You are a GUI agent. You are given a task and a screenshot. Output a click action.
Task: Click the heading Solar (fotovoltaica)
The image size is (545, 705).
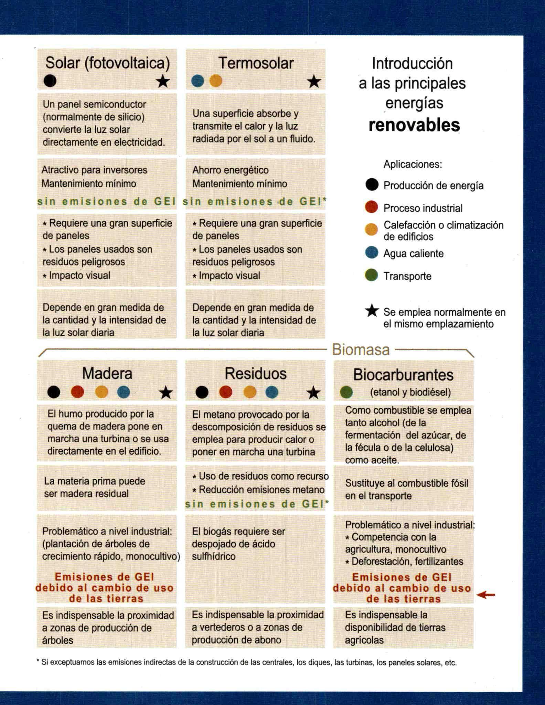coord(108,63)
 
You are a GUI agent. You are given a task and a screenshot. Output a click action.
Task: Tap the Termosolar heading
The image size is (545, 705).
coord(256,63)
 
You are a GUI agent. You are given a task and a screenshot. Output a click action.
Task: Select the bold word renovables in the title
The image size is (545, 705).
coord(414,125)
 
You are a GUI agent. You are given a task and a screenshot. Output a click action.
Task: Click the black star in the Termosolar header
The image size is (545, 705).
coord(313,82)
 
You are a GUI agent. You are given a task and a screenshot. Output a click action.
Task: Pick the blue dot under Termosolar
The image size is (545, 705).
coord(197,81)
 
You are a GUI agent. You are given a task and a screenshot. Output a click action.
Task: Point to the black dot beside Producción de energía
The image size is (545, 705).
coord(372,185)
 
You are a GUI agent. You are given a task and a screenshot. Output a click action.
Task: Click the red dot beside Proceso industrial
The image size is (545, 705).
coord(372,207)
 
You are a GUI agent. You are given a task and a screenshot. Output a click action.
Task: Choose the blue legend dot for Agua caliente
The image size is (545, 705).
coord(372,253)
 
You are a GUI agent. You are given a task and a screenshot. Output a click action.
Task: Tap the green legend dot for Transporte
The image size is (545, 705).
coord(372,276)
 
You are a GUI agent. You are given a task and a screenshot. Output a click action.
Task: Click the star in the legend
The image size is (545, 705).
coord(372,311)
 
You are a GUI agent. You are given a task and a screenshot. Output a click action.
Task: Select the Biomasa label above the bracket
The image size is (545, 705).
coord(361,350)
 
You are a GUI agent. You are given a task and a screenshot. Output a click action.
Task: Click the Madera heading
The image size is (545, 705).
coord(107,373)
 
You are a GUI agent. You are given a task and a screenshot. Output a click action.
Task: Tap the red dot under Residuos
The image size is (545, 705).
coord(226,392)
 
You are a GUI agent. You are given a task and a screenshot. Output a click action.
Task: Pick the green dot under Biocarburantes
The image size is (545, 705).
coord(346,392)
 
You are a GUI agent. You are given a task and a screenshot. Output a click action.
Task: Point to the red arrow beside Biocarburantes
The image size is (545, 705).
coord(487,595)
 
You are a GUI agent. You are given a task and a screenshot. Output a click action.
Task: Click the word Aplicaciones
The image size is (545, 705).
coord(413,164)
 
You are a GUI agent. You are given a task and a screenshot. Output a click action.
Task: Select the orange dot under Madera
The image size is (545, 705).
coord(101,392)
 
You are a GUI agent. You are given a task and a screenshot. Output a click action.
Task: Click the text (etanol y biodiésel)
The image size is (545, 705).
coord(410,392)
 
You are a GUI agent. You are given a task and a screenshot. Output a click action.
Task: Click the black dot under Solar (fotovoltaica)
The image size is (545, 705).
coord(50,81)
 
